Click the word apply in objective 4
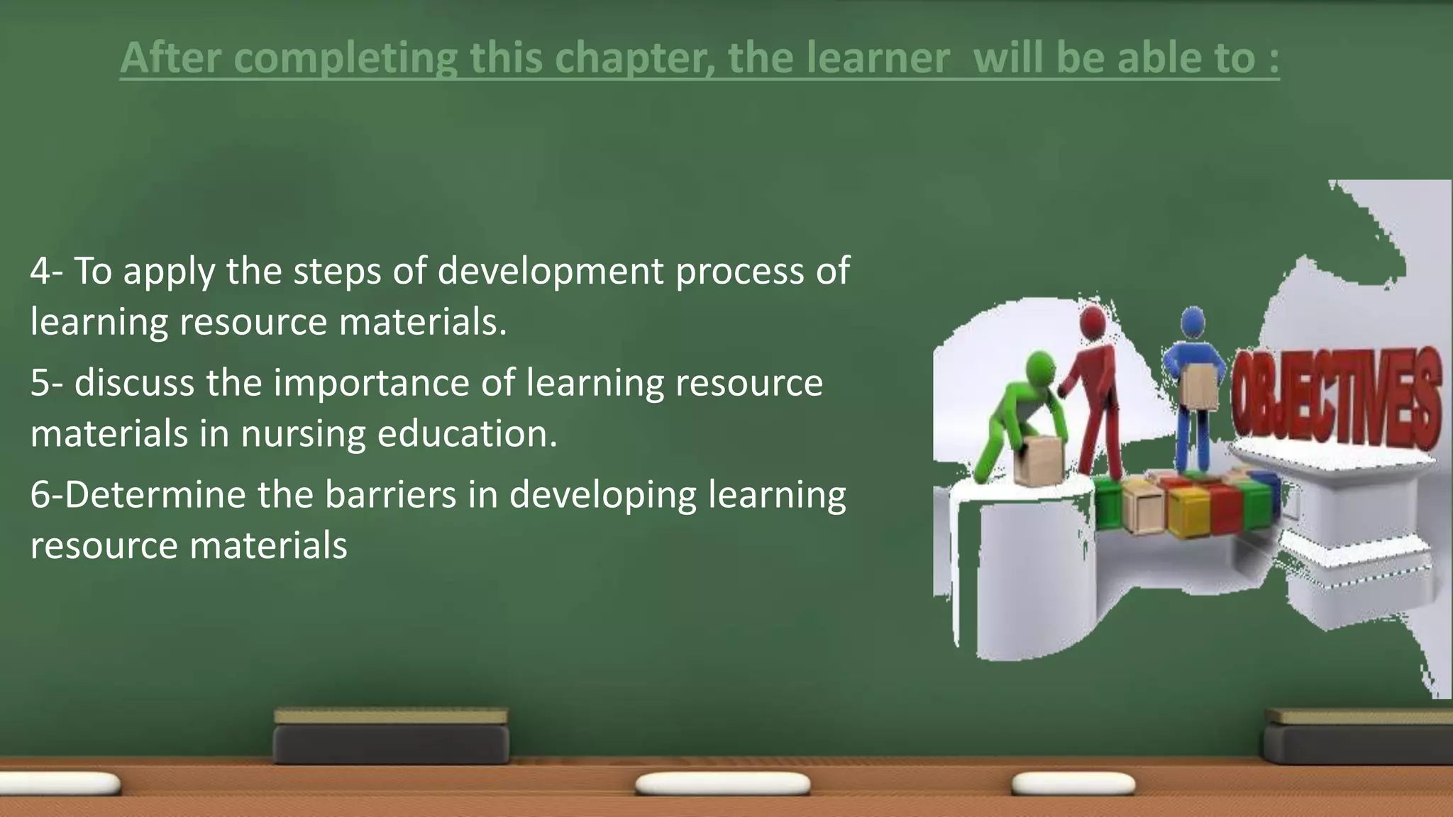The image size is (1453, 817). click(169, 272)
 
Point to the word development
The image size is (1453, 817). click(551, 271)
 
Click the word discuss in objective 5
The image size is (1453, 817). click(134, 383)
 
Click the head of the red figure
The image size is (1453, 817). click(1093, 323)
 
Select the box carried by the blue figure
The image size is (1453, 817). click(1199, 386)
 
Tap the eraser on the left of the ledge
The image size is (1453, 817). click(391, 735)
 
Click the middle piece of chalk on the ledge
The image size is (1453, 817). click(722, 784)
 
